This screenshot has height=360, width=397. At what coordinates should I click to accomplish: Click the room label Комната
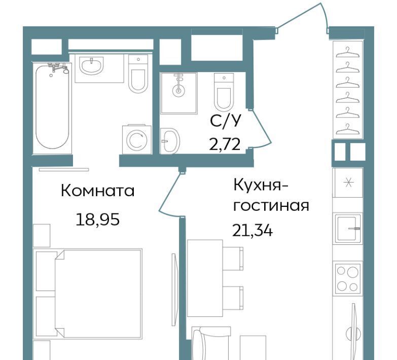(x=97, y=191)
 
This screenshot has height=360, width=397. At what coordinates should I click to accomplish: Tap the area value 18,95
(x=97, y=220)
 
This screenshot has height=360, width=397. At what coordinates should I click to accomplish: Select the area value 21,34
(x=252, y=231)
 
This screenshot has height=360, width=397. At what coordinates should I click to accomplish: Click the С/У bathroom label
(x=225, y=121)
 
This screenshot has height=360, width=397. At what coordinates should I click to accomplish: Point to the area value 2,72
(x=225, y=145)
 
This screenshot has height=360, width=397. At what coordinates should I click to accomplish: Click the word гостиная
(x=271, y=206)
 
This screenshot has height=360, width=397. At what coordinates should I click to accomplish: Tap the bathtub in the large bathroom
(x=52, y=106)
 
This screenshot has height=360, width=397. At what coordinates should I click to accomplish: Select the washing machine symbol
(x=137, y=139)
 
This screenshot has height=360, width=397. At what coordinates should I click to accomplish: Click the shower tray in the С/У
(x=179, y=93)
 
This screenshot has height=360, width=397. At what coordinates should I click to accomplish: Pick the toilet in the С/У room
(x=224, y=92)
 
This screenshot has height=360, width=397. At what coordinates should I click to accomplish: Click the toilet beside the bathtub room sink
(x=138, y=74)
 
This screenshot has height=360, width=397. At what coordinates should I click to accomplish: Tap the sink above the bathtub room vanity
(x=91, y=65)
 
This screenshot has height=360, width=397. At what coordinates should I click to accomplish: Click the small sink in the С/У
(x=170, y=141)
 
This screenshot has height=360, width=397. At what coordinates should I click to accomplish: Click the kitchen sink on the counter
(x=348, y=228)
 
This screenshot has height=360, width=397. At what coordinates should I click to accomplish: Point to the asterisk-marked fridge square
(x=349, y=183)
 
